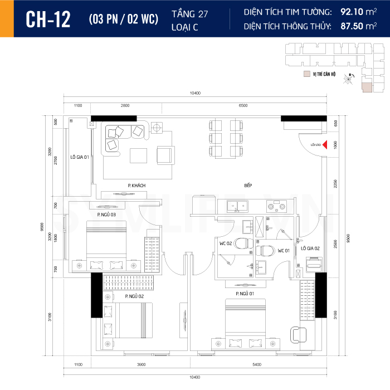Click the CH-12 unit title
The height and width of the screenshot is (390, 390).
tap(48, 19)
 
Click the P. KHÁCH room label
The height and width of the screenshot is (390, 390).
tap(136, 186)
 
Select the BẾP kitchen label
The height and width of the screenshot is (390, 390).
tap(248, 186)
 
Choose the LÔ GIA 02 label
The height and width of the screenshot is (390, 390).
tap(310, 248)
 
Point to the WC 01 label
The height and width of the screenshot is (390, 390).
tap(284, 250)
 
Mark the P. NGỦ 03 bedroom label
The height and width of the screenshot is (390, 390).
tap(106, 214)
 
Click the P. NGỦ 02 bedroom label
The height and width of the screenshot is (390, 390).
tap(134, 296)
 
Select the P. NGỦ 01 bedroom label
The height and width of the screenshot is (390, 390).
tap(245, 293)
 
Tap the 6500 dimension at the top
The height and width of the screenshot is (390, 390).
tap(243, 105)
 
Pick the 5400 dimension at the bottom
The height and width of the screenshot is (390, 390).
tap(257, 364)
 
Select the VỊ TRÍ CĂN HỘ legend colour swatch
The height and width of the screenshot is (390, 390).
tap(306, 74)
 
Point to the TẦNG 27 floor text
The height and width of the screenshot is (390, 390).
tap(187, 13)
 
